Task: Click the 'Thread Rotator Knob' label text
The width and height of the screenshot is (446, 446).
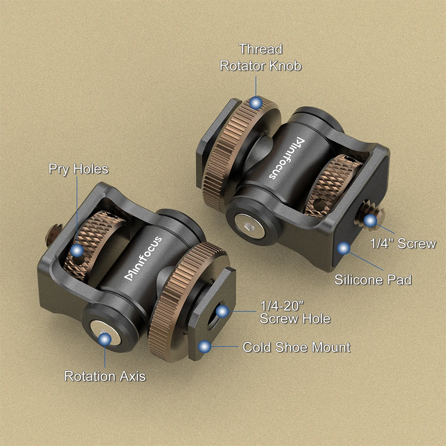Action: [260, 57]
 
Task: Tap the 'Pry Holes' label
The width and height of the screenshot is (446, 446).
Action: [78, 169]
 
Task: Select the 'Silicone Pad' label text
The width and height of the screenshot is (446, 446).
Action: [373, 280]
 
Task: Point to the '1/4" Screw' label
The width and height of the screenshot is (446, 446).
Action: [403, 243]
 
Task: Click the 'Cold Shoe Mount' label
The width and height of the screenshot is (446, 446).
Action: [296, 347]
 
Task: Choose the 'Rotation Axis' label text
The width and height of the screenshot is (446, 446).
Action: [105, 376]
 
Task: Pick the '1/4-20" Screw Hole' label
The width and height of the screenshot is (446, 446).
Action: [295, 312]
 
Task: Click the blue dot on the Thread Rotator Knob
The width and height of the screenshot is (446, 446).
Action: [256, 103]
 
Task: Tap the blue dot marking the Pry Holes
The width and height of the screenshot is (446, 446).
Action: [77, 250]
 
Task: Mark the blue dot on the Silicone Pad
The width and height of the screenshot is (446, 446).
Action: [343, 248]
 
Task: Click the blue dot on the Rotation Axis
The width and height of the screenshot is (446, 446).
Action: [105, 340]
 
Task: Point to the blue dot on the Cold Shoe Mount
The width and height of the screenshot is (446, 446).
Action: [205, 346]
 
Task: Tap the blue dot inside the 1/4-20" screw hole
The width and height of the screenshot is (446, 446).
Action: [223, 311]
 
